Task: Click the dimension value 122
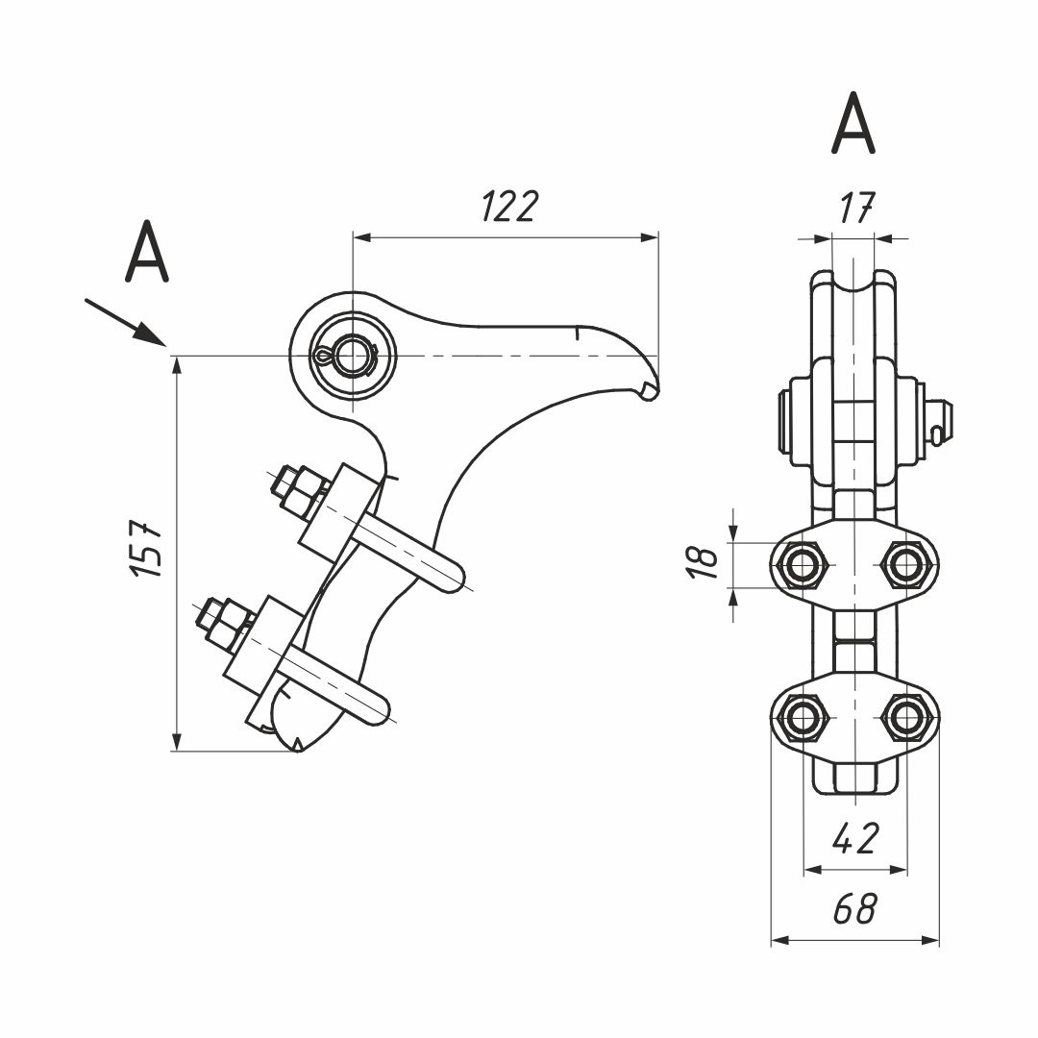coord(508,207)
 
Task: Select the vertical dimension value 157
coord(146,549)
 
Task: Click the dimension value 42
coord(854,839)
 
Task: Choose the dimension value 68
coord(854,908)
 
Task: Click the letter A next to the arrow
coord(147,253)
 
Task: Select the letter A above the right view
coord(853,125)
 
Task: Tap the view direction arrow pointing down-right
coord(125,322)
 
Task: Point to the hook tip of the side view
coord(650,389)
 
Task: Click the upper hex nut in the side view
coord(296,487)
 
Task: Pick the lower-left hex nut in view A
coord(803,715)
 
